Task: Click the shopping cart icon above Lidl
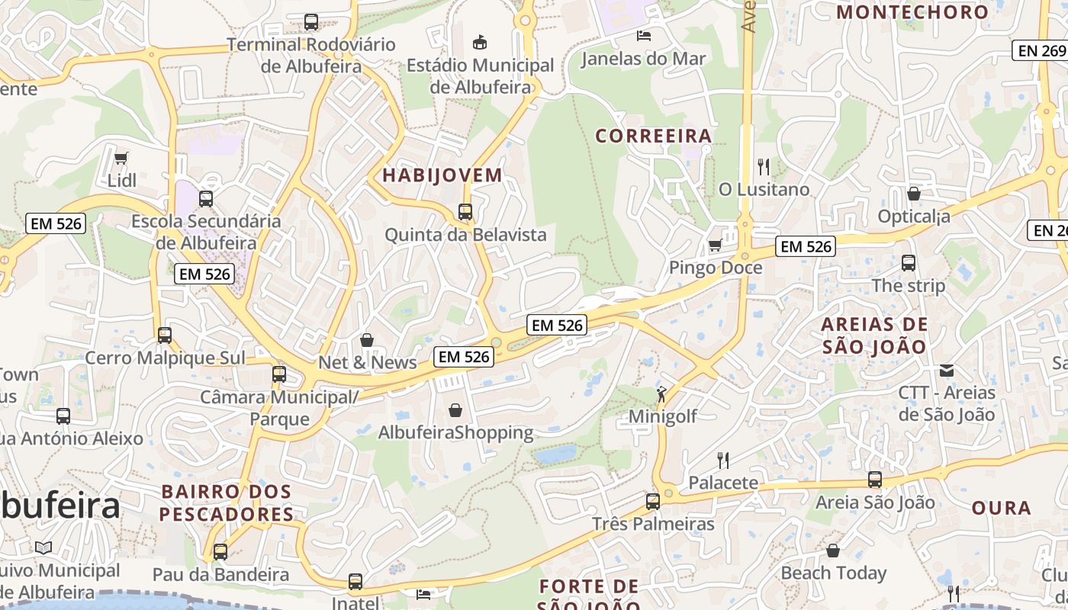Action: coord(121,158)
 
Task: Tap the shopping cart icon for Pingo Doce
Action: coord(715,245)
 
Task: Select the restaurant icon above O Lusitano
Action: coord(763,165)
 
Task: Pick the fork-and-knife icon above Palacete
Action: coord(723,460)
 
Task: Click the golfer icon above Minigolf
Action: coord(661,394)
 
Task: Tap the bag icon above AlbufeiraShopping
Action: coord(455,410)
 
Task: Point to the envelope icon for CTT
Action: coord(947,371)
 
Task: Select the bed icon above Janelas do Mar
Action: coord(644,35)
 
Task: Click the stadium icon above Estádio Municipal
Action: coord(480,42)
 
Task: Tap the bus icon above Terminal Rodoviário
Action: coord(310,22)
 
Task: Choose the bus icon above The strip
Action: coord(908,263)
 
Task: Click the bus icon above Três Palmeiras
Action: coord(653,501)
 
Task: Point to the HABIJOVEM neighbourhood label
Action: coord(442,175)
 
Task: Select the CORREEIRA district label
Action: coord(653,136)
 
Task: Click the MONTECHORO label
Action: coord(912,11)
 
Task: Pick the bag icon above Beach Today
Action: coord(833,550)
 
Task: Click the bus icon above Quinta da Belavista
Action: coord(465,212)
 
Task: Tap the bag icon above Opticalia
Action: coord(913,194)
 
